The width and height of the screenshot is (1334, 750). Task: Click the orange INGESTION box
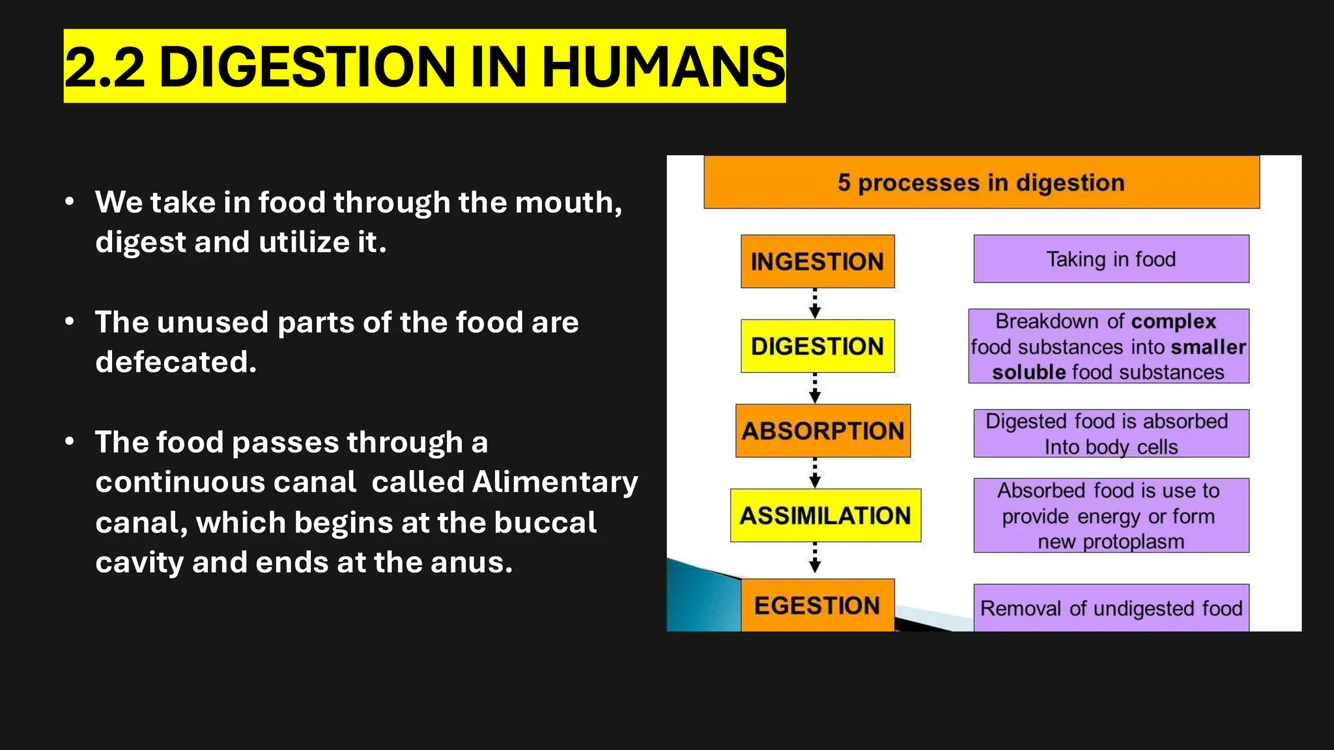[817, 261]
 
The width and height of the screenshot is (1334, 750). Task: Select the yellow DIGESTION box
[817, 346]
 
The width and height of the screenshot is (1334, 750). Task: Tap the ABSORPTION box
[823, 430]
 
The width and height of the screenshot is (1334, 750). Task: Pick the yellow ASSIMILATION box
[825, 515]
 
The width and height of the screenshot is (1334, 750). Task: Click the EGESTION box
[817, 605]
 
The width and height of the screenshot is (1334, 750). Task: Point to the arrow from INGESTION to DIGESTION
[815, 303]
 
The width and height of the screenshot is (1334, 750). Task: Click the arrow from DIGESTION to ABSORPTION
[815, 388]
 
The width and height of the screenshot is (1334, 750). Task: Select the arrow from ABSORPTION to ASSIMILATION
[815, 473]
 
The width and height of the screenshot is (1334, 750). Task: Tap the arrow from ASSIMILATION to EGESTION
[815, 558]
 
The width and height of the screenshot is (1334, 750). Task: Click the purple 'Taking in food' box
[1111, 259]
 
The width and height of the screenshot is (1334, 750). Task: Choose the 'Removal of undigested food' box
[1111, 608]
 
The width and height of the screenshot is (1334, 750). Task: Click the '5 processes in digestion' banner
[982, 182]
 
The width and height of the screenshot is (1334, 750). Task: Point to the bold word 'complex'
[1174, 322]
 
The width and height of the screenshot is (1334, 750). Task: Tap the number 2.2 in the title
[104, 66]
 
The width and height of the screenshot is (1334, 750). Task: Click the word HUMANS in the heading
[663, 66]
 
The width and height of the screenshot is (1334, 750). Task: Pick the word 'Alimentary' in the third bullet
[555, 482]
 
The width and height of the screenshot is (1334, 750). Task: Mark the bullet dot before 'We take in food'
[70, 202]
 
